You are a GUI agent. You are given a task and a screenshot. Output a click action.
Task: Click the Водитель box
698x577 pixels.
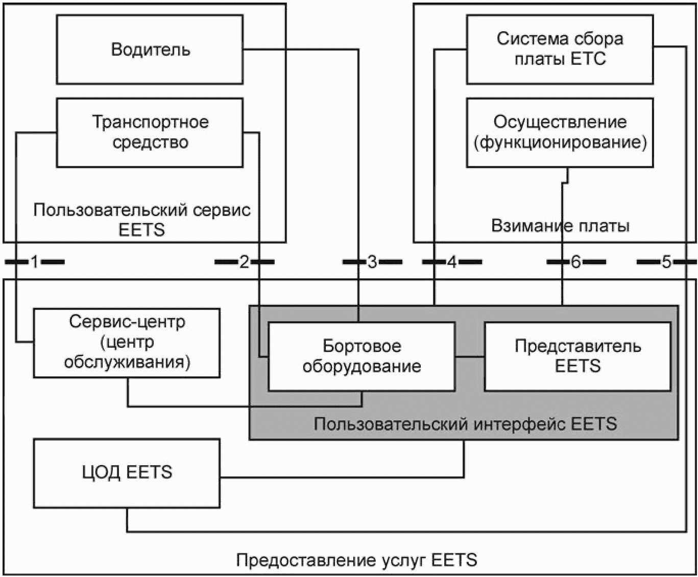150,50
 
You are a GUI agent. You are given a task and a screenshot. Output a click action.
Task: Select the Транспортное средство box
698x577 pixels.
150,132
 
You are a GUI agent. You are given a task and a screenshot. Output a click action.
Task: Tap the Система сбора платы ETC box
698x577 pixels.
560,49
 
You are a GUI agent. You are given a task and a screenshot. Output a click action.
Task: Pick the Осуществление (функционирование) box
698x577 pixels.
560,132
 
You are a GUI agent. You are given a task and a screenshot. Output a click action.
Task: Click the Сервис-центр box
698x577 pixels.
127,343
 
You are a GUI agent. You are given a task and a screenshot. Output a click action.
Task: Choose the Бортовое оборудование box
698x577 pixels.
362,356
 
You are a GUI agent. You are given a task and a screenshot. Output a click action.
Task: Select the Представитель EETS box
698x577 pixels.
577,356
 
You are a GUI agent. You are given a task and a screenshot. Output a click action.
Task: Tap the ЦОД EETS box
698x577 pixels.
127,473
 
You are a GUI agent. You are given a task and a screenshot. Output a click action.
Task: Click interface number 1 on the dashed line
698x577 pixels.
34,262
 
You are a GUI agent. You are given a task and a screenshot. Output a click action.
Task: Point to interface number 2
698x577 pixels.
244,262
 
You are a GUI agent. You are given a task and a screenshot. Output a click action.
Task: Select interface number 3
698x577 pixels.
372,262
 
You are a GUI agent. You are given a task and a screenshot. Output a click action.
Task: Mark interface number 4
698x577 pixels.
452,262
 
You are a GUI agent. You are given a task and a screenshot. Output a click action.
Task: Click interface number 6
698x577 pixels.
576,262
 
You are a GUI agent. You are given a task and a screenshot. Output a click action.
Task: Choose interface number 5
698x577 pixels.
666,262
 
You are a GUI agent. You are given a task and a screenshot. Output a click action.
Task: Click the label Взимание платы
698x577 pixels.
560,226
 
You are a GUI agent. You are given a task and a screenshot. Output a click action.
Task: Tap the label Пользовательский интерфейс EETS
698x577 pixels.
465,424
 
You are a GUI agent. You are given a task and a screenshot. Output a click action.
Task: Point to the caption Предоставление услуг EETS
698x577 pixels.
356,560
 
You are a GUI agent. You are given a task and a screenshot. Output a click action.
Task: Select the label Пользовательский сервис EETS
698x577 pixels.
142,220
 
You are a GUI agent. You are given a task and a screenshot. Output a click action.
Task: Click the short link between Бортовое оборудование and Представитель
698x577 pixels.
470,356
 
